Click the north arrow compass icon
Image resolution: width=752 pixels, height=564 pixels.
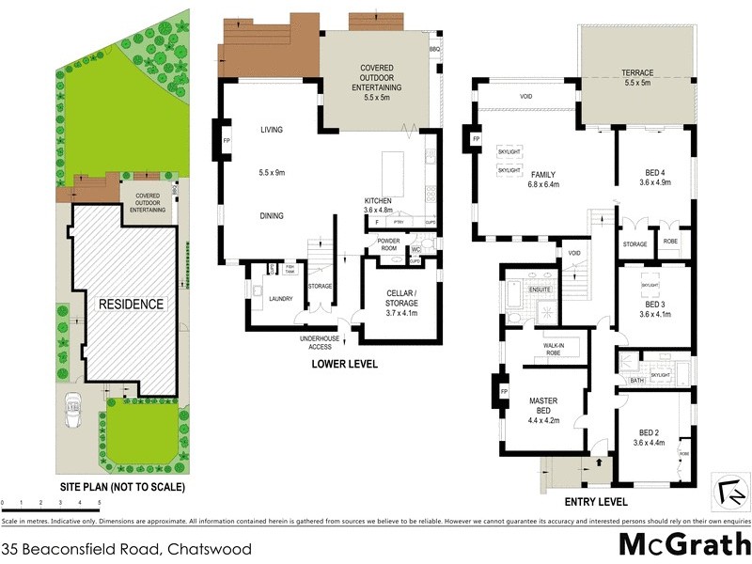pyautogui.click(x=729, y=491)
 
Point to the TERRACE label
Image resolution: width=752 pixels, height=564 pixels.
pyautogui.click(x=636, y=73)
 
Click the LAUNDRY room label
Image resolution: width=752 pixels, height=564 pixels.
pyautogui.click(x=280, y=300)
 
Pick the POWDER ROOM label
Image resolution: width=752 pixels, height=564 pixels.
pyautogui.click(x=388, y=244)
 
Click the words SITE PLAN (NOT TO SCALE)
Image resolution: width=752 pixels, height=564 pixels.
pyautogui.click(x=123, y=488)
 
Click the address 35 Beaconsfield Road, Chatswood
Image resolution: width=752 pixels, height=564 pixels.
pyautogui.click(x=126, y=548)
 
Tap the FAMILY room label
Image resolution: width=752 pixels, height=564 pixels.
pyautogui.click(x=543, y=175)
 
